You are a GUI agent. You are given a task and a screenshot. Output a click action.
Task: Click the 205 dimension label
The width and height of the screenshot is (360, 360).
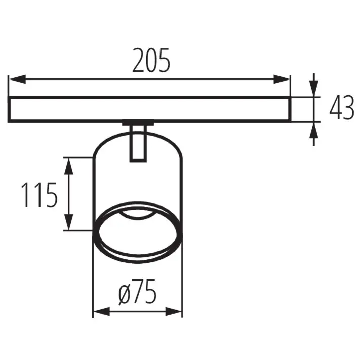tap(151, 60)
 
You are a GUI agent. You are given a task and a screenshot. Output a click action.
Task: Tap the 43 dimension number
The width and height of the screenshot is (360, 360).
tap(342, 108)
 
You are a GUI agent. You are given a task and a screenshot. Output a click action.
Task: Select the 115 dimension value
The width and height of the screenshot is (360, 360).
tap(39, 195)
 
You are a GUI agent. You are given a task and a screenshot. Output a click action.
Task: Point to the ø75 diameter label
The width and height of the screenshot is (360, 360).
tap(138, 291)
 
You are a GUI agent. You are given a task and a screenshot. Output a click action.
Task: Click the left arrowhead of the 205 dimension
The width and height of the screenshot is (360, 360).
tap(17, 79)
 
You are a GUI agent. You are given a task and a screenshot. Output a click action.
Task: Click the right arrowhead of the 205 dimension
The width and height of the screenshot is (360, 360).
tap(282, 79)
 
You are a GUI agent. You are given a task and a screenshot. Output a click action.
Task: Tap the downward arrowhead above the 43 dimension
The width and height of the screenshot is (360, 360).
tap(313, 89)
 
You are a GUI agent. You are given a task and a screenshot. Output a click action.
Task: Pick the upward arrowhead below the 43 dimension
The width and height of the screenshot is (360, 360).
tap(313, 130)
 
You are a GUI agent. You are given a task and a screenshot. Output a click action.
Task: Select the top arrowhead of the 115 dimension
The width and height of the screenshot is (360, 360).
tap(69, 166)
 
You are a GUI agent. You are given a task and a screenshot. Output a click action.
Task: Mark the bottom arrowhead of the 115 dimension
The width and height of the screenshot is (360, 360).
tap(69, 222)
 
